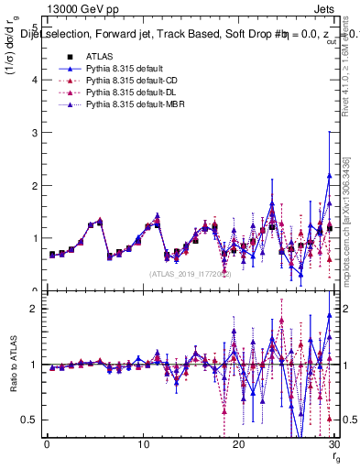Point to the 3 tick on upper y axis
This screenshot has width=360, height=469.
[34, 133]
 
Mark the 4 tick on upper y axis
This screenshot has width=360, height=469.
[34, 80]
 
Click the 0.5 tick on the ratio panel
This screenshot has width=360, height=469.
[30, 420]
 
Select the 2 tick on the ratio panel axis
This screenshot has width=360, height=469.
[34, 309]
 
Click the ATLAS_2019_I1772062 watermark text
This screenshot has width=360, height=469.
[189, 273]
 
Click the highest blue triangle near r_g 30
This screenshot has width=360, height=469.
[329, 175]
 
